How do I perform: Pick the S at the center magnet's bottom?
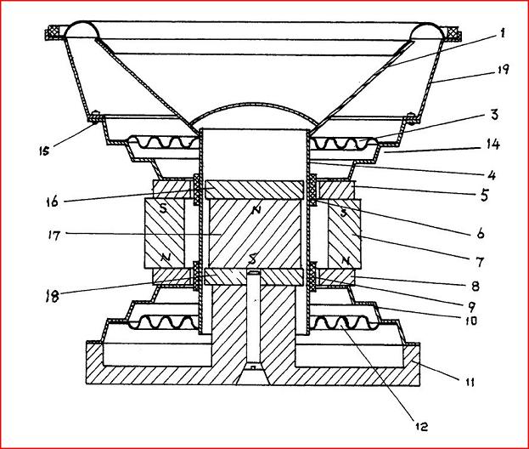pos(252,258)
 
